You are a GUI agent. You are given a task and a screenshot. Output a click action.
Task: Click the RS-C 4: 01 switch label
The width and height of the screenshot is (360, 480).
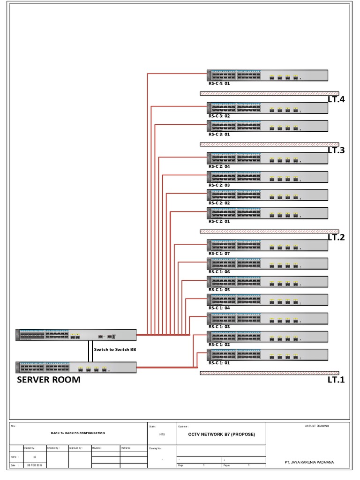(x=219, y=83)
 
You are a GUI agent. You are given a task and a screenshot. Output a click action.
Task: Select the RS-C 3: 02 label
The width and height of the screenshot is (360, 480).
(x=219, y=116)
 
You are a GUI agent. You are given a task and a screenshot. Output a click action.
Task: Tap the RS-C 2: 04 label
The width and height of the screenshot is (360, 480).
(x=219, y=166)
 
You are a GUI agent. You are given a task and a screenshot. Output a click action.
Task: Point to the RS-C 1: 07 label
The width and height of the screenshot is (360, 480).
(x=219, y=254)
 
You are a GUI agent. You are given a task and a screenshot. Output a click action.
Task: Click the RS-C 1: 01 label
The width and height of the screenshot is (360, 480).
(x=219, y=363)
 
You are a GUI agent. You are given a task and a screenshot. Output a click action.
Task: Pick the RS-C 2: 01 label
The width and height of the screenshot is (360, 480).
(x=219, y=221)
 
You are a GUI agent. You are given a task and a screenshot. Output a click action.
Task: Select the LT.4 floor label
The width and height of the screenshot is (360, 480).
(x=336, y=99)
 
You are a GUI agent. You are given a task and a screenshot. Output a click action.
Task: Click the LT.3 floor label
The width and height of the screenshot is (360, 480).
(x=336, y=150)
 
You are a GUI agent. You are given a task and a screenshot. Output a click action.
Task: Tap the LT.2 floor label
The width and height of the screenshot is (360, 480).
(x=336, y=237)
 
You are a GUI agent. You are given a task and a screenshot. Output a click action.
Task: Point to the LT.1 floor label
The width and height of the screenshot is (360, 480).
(x=336, y=380)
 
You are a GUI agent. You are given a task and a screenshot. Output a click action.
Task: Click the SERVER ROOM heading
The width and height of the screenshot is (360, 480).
(x=49, y=380)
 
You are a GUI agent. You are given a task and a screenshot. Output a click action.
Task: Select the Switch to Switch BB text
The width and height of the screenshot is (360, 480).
(x=115, y=349)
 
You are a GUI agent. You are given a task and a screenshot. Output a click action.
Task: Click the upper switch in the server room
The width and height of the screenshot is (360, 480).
(x=76, y=335)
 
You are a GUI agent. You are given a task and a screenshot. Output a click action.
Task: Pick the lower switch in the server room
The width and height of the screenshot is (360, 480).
(x=76, y=367)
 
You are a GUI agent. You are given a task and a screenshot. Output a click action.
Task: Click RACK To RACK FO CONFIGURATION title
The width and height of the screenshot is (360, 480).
(x=78, y=433)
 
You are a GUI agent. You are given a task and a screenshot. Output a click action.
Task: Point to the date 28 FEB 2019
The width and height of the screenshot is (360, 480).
(x=35, y=465)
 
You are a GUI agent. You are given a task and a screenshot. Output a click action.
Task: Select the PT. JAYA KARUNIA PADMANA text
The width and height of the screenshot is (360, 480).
(x=310, y=462)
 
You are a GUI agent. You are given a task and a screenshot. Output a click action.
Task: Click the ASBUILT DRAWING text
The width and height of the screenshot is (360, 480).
(x=317, y=426)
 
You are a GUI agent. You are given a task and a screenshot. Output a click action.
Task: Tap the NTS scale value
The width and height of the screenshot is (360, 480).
(x=162, y=435)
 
